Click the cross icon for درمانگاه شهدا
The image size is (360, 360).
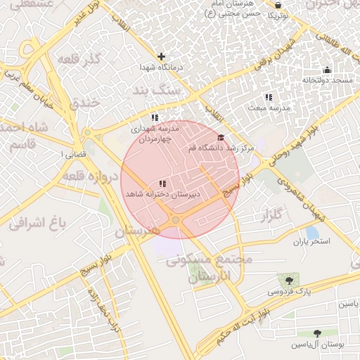(x=162, y=56)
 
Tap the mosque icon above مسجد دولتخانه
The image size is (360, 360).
(x=327, y=70)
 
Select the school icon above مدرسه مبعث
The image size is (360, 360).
(x=268, y=97)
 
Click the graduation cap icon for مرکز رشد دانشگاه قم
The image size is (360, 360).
(x=221, y=137)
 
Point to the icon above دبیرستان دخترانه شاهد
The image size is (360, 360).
(x=163, y=184)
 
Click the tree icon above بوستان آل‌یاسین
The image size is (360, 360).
(x=319, y=334)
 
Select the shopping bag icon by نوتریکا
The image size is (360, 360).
(x=278, y=5)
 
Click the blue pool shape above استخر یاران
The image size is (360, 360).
(x=312, y=232)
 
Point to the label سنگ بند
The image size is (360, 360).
(x=160, y=91)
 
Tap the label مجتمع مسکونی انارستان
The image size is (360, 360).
(x=209, y=268)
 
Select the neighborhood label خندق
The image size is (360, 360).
(x=85, y=103)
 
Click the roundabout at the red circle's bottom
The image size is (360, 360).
(x=175, y=221)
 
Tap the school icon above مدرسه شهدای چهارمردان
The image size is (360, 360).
(x=155, y=117)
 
